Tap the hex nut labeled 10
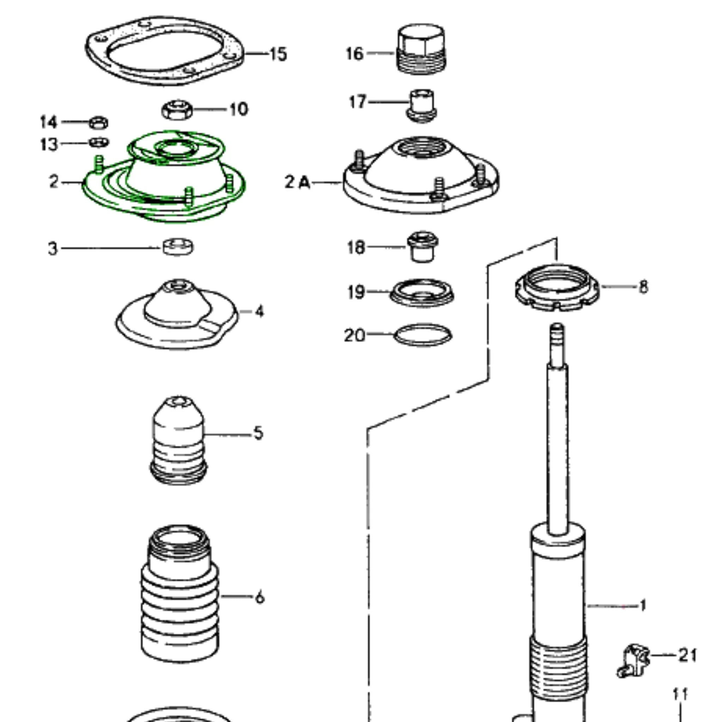click(177, 110)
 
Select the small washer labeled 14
click(99, 123)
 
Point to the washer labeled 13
click(99, 142)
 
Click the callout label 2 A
click(298, 182)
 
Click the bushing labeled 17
click(422, 105)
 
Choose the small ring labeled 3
click(178, 247)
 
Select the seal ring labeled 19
click(422, 292)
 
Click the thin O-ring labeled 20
click(423, 335)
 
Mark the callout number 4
click(259, 311)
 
